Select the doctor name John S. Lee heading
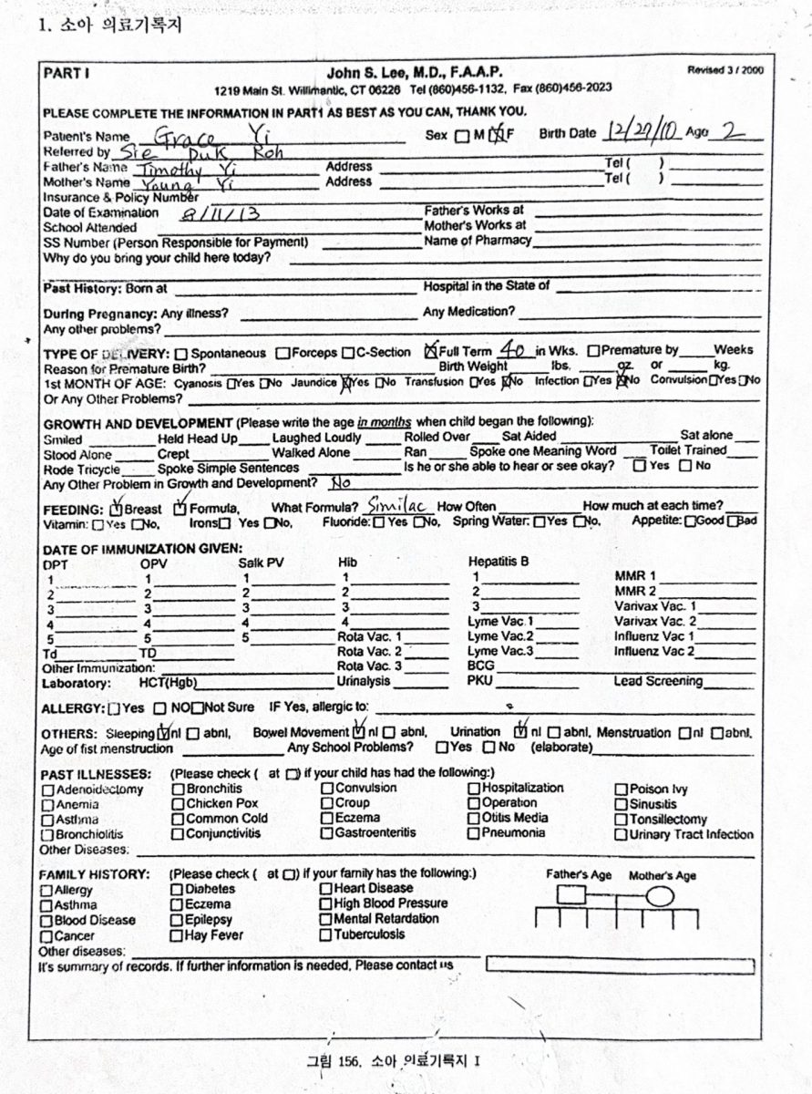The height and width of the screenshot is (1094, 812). point(414,72)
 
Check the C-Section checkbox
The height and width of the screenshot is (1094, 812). point(348,353)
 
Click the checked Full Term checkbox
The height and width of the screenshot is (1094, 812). point(431,350)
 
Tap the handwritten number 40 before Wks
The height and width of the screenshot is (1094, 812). point(513,350)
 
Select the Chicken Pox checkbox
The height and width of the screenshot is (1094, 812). point(178,804)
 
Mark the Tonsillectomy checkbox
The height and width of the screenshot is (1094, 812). point(622,820)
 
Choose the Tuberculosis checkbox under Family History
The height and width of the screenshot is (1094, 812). point(326,935)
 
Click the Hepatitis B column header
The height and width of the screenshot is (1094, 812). point(499,562)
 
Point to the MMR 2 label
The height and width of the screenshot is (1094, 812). point(635,592)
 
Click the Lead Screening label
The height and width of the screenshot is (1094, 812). point(657,681)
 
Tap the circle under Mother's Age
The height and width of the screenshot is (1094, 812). point(660,896)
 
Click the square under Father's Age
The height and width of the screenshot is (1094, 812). point(570,895)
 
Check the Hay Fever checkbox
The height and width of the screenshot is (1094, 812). point(178,935)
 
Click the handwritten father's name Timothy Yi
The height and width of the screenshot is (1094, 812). point(187,170)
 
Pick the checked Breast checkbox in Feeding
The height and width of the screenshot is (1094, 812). point(116,508)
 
